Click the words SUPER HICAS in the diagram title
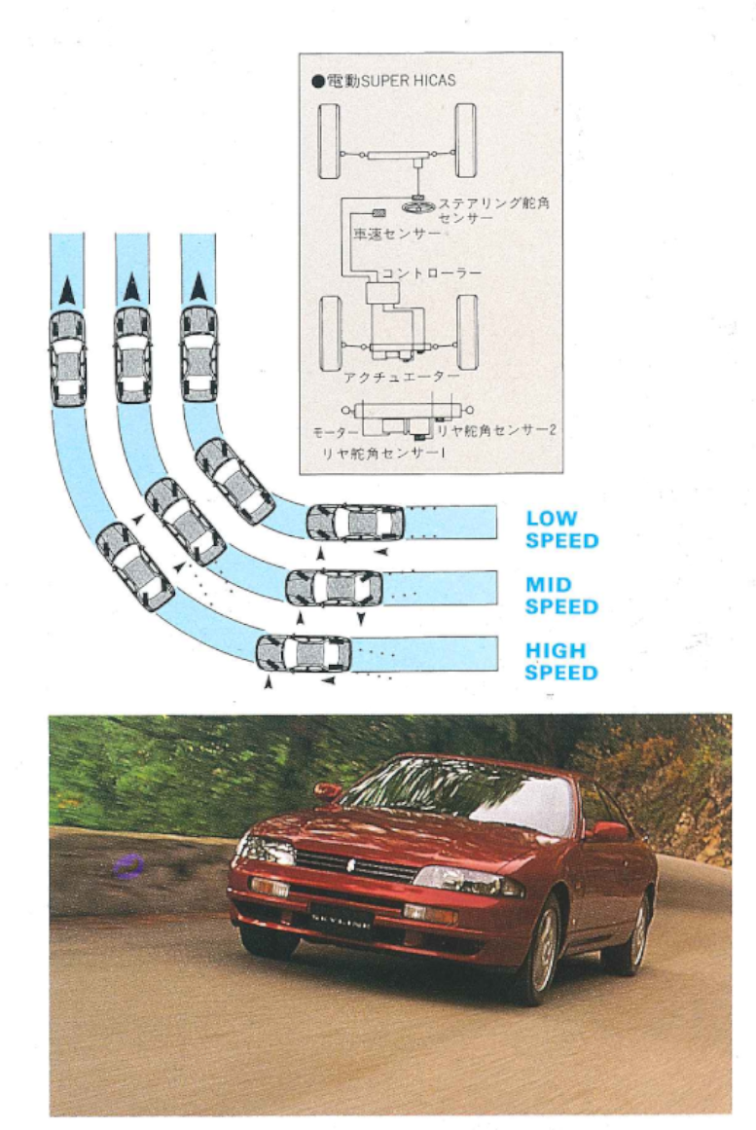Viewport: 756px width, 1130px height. [x=408, y=81]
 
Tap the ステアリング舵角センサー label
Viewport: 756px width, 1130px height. [x=493, y=209]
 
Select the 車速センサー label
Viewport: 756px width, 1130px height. [x=396, y=235]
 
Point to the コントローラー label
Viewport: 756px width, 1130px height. [x=431, y=273]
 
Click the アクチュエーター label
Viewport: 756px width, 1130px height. [x=402, y=377]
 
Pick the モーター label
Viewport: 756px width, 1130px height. [x=336, y=432]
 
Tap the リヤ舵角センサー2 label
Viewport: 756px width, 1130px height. [x=496, y=430]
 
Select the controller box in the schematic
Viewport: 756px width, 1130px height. [x=382, y=293]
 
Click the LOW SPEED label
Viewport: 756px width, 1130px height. [x=562, y=529]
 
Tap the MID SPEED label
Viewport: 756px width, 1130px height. [x=562, y=596]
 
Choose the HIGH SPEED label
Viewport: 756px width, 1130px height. [x=561, y=662]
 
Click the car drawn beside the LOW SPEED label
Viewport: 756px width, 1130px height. [x=355, y=523]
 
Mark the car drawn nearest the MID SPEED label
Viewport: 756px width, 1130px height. [x=335, y=588]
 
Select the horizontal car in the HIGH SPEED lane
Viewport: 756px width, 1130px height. [x=305, y=654]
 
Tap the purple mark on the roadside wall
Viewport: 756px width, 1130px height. [x=129, y=865]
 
